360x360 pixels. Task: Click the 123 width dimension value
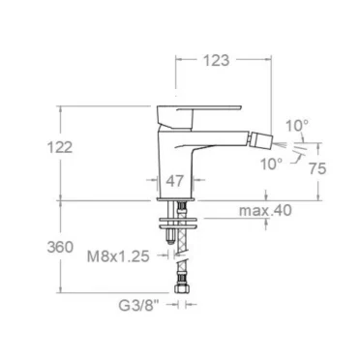(216, 60)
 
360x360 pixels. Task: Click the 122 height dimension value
(60, 148)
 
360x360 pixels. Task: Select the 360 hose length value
(60, 247)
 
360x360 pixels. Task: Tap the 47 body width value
(175, 181)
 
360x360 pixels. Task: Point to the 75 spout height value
(317, 168)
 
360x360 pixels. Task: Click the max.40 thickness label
(265, 210)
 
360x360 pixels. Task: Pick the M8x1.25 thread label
(118, 256)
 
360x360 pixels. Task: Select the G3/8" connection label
(139, 305)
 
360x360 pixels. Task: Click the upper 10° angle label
(297, 126)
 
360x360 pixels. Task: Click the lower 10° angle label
(271, 164)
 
